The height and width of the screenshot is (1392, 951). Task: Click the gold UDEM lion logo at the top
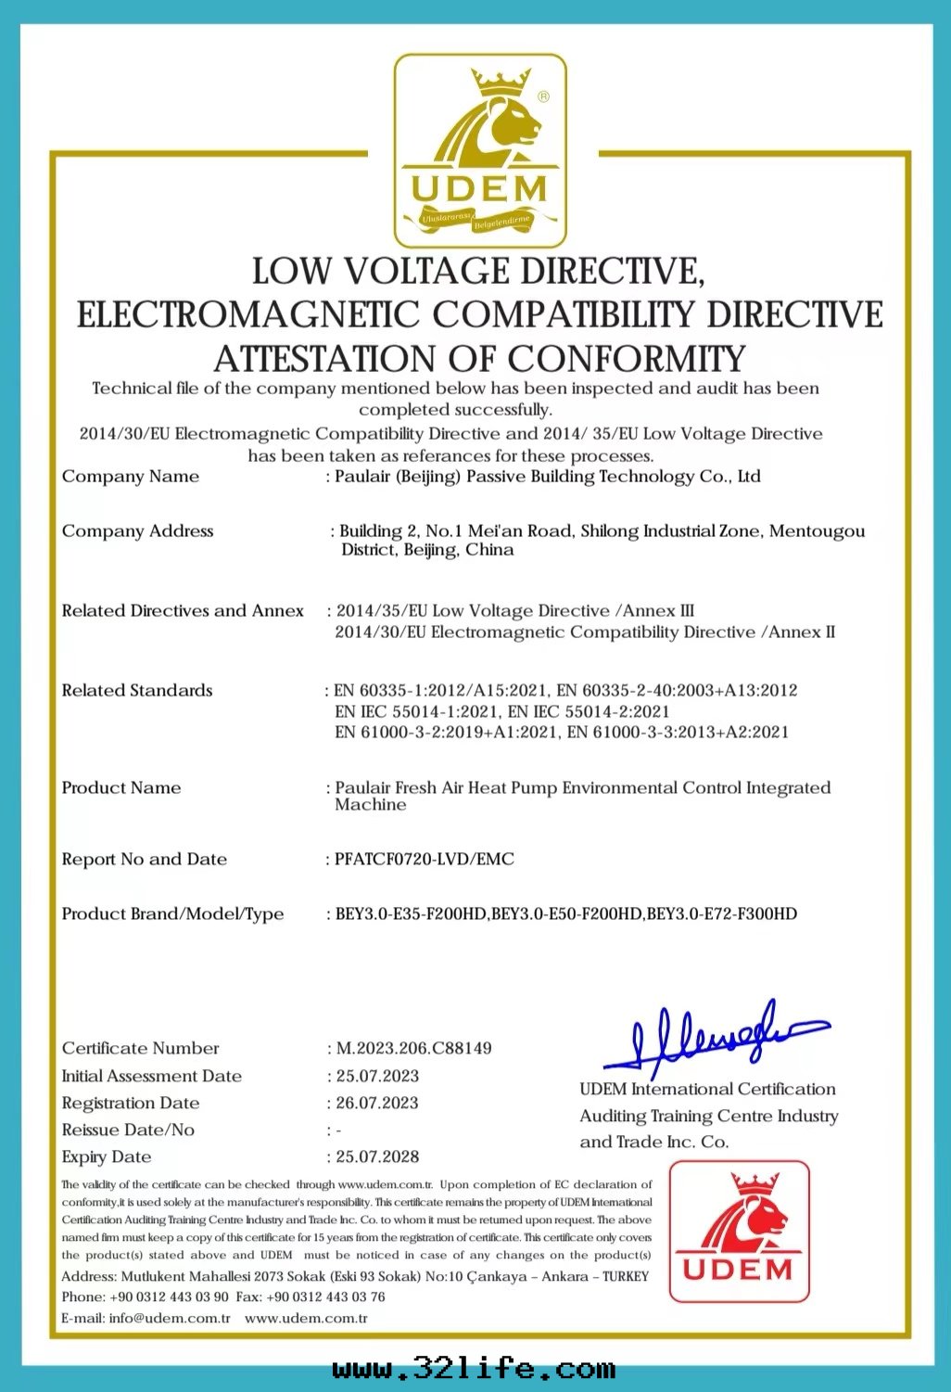coord(480,148)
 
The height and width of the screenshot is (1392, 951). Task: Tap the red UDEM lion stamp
coord(739,1231)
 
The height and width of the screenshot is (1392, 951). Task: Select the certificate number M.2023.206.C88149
coord(413,1048)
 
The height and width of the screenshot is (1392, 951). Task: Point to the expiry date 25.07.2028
coord(377,1156)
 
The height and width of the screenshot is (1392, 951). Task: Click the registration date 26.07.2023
coord(377,1103)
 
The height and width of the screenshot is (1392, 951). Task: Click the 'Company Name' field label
coord(131,477)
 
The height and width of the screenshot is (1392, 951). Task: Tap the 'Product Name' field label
coord(121,787)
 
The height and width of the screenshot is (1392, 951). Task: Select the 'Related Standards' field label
coord(137,690)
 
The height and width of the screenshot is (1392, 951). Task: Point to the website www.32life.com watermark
coord(474,1369)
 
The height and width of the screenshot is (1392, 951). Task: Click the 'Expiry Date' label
coord(107,1156)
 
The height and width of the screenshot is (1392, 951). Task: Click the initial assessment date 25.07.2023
coord(377,1076)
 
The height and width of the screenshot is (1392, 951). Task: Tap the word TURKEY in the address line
coord(626,1276)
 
